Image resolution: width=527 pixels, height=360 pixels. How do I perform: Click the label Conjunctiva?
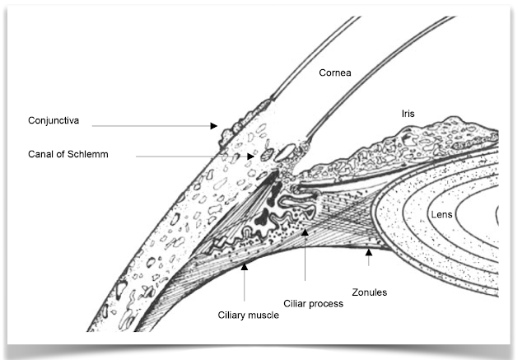click(x=52, y=120)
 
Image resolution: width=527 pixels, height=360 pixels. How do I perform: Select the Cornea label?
click(x=336, y=72)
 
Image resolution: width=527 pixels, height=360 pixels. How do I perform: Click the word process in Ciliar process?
click(x=325, y=303)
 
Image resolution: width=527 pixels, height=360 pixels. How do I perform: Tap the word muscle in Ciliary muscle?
click(x=259, y=315)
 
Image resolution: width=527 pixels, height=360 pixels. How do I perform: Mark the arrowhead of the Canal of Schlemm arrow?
click(x=250, y=156)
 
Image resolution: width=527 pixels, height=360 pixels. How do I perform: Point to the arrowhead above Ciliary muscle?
click(x=244, y=268)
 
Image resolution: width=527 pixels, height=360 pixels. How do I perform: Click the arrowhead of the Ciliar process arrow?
click(x=305, y=232)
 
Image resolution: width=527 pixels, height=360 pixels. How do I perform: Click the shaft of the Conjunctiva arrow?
click(x=148, y=126)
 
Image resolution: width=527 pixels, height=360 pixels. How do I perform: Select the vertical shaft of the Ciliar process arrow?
click(x=305, y=264)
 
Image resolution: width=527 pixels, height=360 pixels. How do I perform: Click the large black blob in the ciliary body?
click(x=265, y=216)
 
